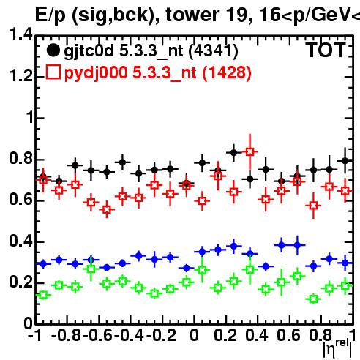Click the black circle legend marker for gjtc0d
point(53,50)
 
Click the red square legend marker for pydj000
point(53,72)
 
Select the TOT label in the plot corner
point(326,50)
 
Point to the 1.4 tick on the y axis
point(20,34)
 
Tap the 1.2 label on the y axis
point(20,75)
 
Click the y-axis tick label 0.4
point(20,241)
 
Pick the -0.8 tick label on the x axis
point(66,335)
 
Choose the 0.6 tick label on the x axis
point(288,335)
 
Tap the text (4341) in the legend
point(214,50)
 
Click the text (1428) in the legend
point(227,72)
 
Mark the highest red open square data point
point(250,151)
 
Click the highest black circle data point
point(233,153)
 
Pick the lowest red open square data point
point(107,209)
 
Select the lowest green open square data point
point(313,299)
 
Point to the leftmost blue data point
point(43,263)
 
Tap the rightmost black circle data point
point(345,161)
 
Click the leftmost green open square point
point(43,295)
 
